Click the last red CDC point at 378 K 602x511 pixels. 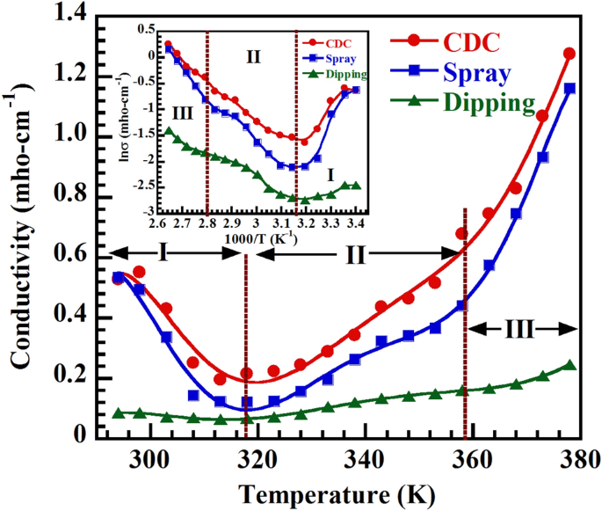(569, 54)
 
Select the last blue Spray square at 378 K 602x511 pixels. (569, 88)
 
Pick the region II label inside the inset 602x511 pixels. (253, 57)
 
